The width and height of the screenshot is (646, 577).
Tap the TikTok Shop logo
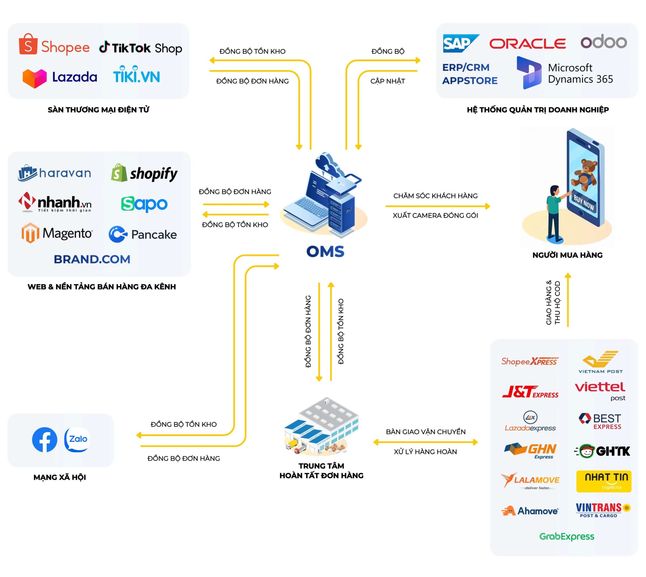(x=141, y=48)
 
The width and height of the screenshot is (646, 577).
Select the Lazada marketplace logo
(x=60, y=77)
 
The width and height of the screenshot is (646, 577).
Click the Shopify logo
(x=144, y=173)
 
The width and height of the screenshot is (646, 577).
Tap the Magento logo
(x=57, y=233)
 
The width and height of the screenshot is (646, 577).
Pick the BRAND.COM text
(x=92, y=259)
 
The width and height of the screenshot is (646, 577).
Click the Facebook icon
(x=44, y=440)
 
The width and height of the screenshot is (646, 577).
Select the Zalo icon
(x=77, y=439)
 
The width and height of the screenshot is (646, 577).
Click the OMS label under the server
(x=325, y=251)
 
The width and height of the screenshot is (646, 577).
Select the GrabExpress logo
(x=567, y=536)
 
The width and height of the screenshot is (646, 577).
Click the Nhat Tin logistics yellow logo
(x=603, y=481)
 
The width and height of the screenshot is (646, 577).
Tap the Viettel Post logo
(x=600, y=390)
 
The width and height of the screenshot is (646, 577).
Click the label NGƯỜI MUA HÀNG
(x=567, y=255)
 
